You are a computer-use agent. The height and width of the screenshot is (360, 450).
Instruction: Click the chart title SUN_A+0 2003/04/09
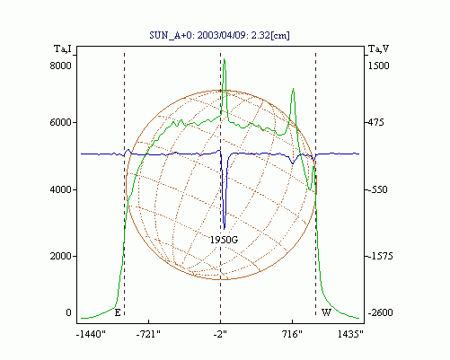[219, 35]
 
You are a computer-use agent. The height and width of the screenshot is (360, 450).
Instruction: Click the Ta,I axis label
[63, 48]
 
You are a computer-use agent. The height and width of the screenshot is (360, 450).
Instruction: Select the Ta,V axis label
[378, 48]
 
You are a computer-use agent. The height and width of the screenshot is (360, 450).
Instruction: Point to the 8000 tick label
[60, 66]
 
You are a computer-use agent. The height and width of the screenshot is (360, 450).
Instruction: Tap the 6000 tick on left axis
[60, 122]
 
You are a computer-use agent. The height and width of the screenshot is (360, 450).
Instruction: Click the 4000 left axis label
[60, 189]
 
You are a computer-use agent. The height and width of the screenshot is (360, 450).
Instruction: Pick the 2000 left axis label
[60, 256]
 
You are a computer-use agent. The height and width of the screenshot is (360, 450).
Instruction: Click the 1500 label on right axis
[378, 66]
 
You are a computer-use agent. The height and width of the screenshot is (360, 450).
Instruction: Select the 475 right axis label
[376, 122]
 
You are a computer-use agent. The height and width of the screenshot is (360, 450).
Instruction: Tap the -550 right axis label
[377, 189]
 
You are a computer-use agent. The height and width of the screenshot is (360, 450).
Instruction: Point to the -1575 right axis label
[380, 256]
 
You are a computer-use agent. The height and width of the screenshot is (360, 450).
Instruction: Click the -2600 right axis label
[380, 312]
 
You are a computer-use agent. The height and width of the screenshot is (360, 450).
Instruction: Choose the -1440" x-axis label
[91, 334]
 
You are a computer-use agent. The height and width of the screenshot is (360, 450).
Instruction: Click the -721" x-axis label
[148, 334]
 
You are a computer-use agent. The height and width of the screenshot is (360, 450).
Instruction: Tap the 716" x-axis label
[293, 334]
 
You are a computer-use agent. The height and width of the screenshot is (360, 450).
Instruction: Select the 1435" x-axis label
[350, 334]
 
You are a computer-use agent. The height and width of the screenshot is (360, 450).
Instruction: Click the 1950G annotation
[224, 240]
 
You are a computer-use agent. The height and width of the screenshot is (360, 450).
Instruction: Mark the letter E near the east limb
[118, 313]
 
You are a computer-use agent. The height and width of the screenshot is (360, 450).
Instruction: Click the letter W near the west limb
[326, 312]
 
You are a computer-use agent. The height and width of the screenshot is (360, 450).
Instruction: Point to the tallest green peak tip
[224, 59]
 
